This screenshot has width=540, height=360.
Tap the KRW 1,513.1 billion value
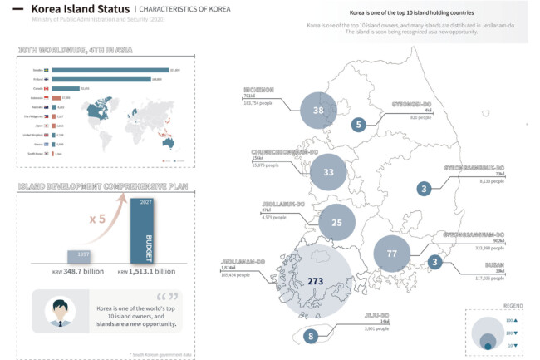(x=147, y=271)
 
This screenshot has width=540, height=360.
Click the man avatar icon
(x=56, y=310)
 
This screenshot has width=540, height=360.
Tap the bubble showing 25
(x=336, y=223)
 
